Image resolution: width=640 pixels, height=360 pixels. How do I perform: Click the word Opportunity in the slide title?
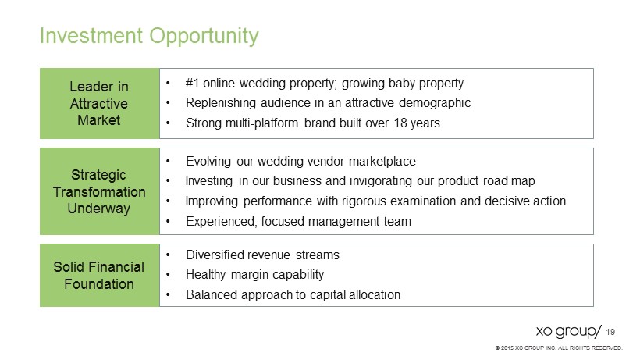pyautogui.click(x=204, y=36)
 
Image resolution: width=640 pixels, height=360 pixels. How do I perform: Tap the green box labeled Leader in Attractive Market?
pyautogui.click(x=100, y=103)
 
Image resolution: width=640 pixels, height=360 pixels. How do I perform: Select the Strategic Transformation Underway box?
pyautogui.click(x=100, y=191)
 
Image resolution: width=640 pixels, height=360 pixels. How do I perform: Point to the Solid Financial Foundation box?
pyautogui.click(x=100, y=275)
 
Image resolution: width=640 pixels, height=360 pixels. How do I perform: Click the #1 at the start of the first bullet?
pyautogui.click(x=192, y=83)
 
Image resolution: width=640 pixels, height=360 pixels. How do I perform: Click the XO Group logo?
pyautogui.click(x=568, y=331)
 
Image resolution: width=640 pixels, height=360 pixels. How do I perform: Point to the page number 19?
pyautogui.click(x=610, y=332)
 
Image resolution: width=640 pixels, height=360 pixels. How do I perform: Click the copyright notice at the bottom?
pyautogui.click(x=559, y=348)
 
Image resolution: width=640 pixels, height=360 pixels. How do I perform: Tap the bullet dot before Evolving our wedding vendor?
pyautogui.click(x=168, y=162)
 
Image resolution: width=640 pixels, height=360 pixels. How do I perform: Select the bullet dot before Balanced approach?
pyautogui.click(x=168, y=295)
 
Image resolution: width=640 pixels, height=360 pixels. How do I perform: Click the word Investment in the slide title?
pyautogui.click(x=91, y=35)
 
